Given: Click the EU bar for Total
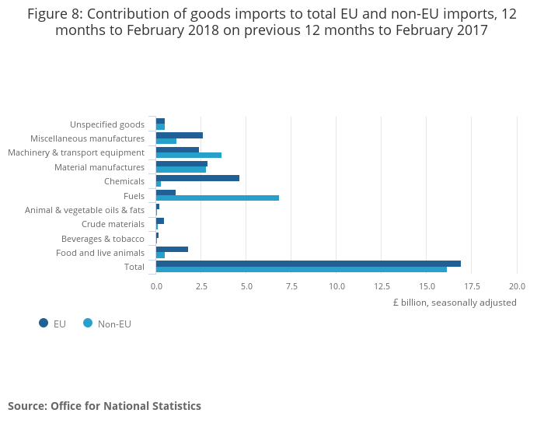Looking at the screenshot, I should (308, 264).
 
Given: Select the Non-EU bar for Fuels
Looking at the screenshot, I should (218, 198).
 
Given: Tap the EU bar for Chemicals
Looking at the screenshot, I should (197, 178).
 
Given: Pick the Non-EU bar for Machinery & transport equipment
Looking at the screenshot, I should (189, 156).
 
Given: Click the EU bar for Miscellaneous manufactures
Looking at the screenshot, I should (180, 135).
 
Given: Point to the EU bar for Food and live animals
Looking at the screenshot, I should (172, 249).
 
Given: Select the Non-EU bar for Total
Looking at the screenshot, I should (302, 270).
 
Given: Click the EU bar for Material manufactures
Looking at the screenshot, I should (182, 164).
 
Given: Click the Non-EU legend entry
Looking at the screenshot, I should (113, 324).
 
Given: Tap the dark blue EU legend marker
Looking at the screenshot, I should (44, 324).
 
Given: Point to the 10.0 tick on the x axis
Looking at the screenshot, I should (337, 286).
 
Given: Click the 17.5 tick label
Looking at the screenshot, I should (473, 286).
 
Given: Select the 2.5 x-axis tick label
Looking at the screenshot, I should (201, 286).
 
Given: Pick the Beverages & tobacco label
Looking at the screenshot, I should (103, 239).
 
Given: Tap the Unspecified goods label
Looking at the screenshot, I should (107, 124).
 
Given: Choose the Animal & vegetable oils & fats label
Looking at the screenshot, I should (85, 210).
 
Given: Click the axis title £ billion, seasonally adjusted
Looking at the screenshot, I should (454, 303).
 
